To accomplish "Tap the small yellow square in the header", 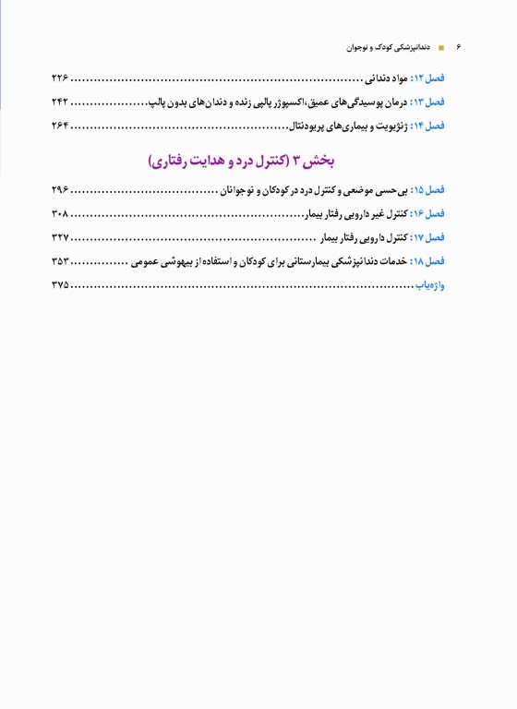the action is [x=441, y=46].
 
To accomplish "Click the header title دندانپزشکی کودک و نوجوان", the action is [x=388, y=45].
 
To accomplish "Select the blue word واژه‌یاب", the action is [x=431, y=286].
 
